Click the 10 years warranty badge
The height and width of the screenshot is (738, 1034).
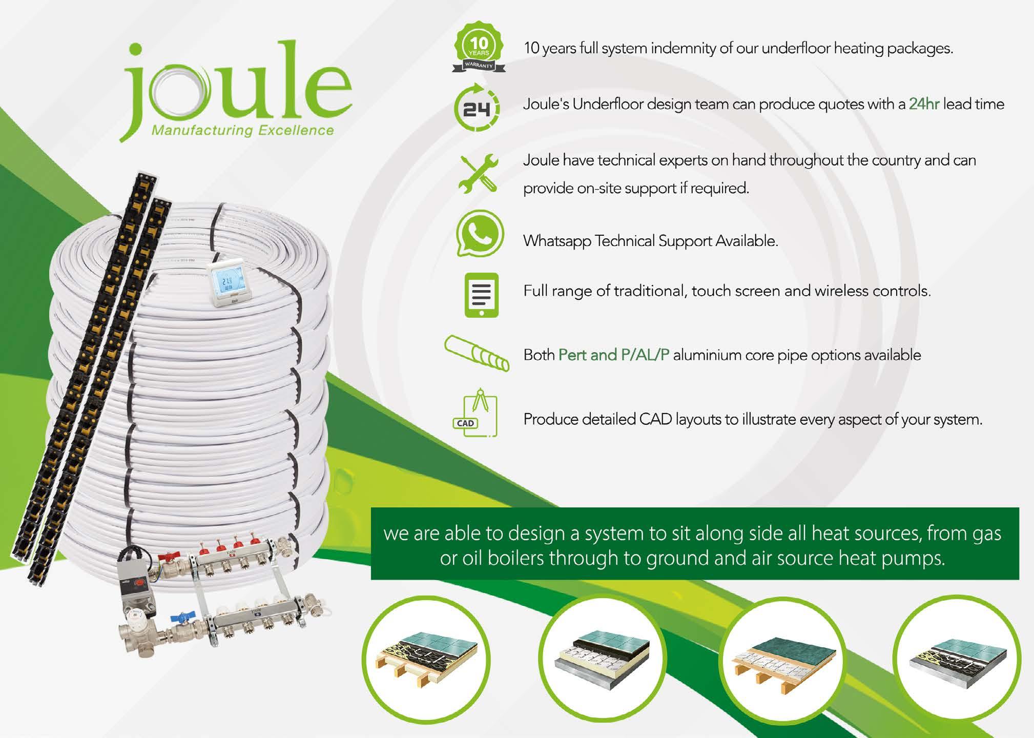pyautogui.click(x=479, y=47)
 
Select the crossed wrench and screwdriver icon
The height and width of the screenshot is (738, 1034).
pyautogui.click(x=479, y=174)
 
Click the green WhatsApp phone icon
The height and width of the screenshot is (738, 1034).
pyautogui.click(x=480, y=233)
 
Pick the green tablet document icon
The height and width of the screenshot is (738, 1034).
pyautogui.click(x=481, y=295)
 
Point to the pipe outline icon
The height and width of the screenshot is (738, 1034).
pyautogui.click(x=477, y=354)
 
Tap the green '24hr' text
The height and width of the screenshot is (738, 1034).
pyautogui.click(x=924, y=105)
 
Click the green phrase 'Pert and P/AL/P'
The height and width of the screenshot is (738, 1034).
pyautogui.click(x=614, y=355)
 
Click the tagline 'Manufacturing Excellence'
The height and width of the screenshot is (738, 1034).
pyautogui.click(x=242, y=131)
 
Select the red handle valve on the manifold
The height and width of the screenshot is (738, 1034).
pyautogui.click(x=167, y=556)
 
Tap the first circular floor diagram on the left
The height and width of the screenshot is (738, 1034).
pyautogui.click(x=426, y=659)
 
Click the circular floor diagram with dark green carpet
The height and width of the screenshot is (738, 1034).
pyautogui.click(x=782, y=659)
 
